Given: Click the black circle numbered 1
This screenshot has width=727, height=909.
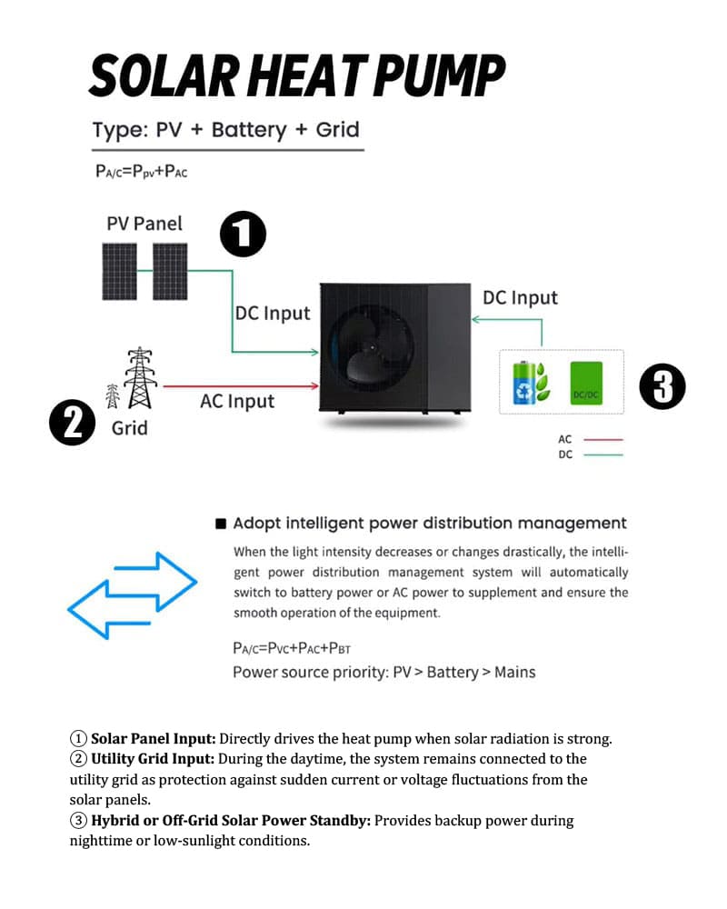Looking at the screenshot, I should tap(243, 234).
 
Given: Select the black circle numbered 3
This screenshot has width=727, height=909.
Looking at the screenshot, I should tap(662, 386).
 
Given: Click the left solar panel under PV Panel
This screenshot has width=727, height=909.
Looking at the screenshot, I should tap(120, 272).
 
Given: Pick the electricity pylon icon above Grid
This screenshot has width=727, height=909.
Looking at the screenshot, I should tap(136, 378).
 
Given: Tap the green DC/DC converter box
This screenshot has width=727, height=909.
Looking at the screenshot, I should tap(585, 383).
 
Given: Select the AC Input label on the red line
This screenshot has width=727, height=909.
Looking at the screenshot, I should tap(237, 401).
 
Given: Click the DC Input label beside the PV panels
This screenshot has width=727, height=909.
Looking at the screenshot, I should tap(273, 314).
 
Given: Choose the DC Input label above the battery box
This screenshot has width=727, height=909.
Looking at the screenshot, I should tap(520, 297).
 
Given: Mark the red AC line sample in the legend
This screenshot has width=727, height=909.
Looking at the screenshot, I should tap(603, 440).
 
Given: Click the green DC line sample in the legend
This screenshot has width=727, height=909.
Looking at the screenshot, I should tap(603, 454).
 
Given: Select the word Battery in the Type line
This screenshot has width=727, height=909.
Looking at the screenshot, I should tap(248, 130).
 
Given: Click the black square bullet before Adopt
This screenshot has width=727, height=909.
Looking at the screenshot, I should tap(220, 524).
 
